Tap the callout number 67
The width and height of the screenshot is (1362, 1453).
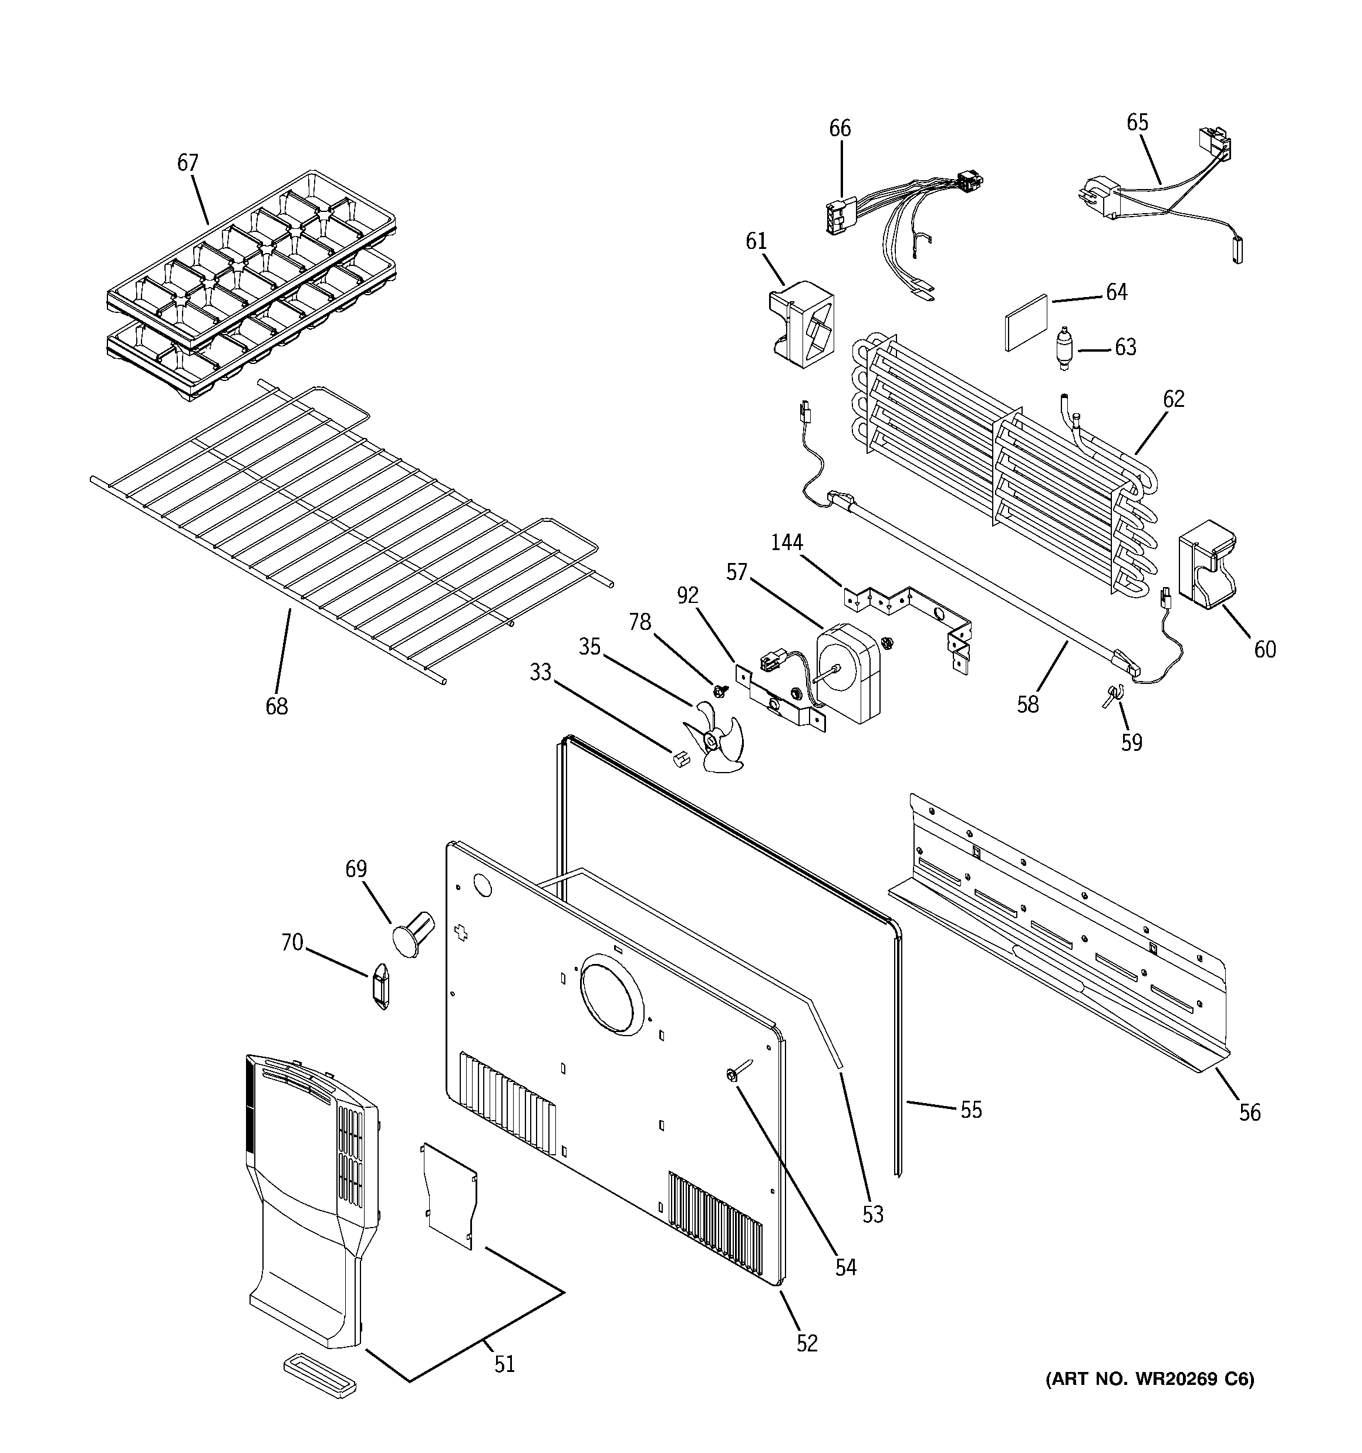188,162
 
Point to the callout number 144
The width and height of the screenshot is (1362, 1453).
787,542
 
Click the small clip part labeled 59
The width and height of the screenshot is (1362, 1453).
1112,693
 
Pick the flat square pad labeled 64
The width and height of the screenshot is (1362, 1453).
1026,322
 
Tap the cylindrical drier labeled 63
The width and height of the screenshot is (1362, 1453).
1064,349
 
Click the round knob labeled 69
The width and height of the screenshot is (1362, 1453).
412,933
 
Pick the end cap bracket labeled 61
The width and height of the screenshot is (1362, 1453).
801,322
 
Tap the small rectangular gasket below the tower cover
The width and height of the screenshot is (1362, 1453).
320,1375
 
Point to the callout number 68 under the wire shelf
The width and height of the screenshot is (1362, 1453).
277,706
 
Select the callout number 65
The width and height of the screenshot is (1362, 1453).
1137,122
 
